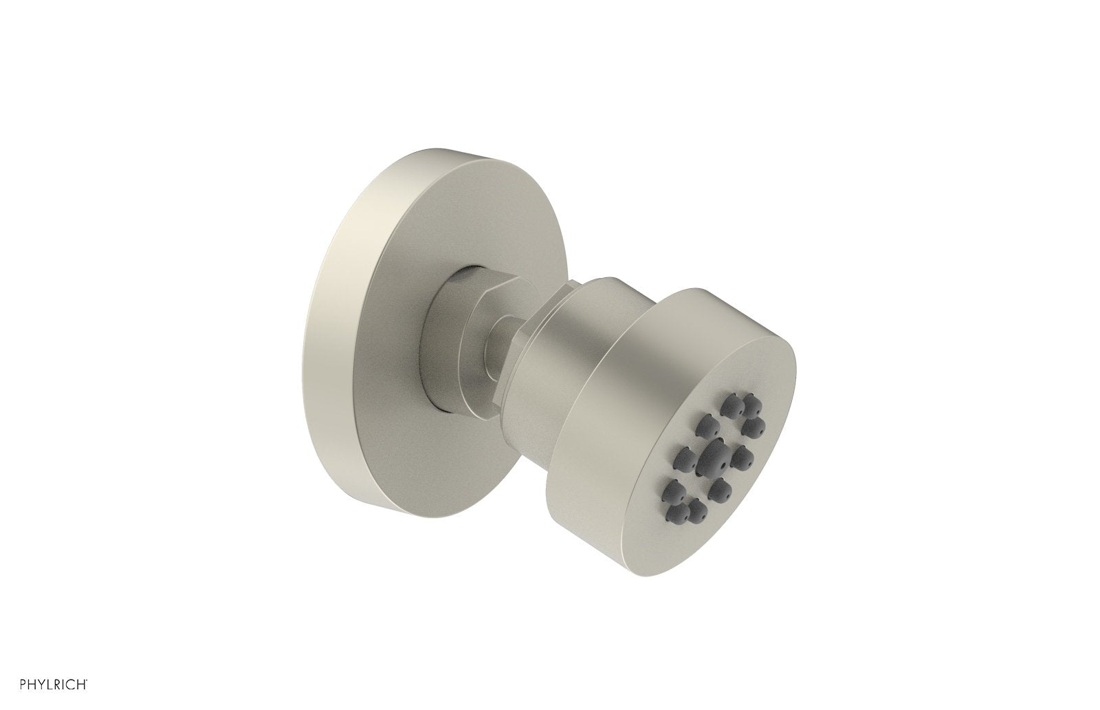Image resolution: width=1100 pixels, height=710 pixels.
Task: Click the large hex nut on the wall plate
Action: pos(457,337)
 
